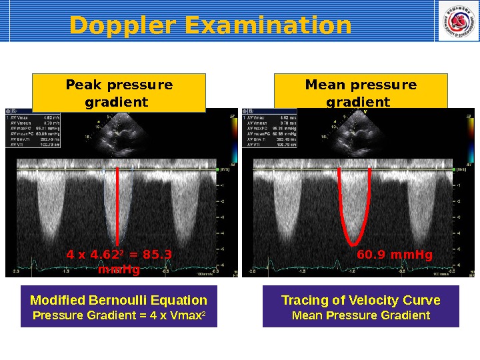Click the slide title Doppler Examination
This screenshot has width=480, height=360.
click(x=210, y=25)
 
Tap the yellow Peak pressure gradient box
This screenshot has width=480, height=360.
click(x=119, y=93)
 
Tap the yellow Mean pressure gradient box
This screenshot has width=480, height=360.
click(x=361, y=93)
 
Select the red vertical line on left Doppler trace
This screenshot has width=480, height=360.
click(x=118, y=203)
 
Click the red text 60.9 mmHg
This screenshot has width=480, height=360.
click(x=395, y=255)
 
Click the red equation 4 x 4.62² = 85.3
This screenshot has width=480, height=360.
click(x=119, y=255)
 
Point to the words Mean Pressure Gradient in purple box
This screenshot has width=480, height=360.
click(x=361, y=315)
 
